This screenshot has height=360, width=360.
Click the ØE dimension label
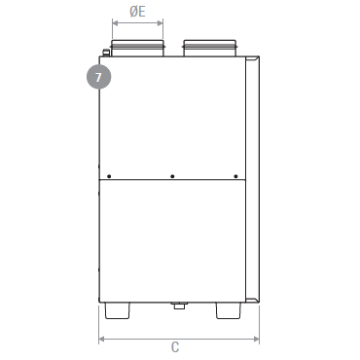coord(137,12)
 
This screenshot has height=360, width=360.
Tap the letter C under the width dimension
coord(175,347)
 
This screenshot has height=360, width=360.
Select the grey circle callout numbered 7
coord(98,77)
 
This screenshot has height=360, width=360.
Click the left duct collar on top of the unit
coord(137,48)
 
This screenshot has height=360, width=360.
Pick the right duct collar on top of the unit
coord(210,48)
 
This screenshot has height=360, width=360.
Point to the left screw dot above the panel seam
coord(109,176)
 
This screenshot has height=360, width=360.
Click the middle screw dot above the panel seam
coord(172,176)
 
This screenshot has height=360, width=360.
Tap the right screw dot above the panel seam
coord(235,176)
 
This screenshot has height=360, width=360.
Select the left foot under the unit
coord(117,310)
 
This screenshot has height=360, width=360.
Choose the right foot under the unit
coord(229,310)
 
